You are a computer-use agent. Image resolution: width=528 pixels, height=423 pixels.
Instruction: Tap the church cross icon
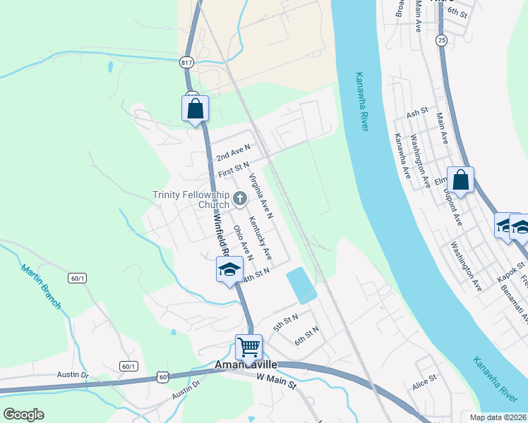(239, 200)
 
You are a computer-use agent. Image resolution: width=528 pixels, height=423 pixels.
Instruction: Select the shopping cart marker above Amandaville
(248, 347)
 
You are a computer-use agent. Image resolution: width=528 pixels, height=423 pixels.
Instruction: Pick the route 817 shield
(187, 61)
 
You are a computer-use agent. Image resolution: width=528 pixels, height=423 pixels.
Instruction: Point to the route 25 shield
(441, 40)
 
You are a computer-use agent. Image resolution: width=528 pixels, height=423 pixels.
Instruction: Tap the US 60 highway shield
(163, 378)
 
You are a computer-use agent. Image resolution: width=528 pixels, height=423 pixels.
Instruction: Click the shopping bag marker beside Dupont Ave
(460, 180)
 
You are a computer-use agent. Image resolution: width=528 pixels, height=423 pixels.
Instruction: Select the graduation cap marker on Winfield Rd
(230, 269)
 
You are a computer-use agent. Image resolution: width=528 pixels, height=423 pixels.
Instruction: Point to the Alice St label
(425, 387)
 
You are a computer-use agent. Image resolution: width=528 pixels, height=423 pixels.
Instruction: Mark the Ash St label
(417, 112)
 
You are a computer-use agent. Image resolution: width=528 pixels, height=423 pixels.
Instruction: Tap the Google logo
(24, 415)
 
